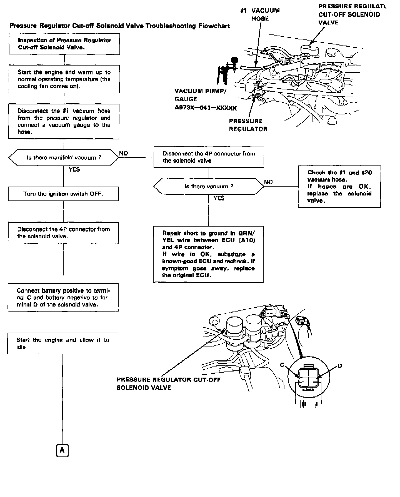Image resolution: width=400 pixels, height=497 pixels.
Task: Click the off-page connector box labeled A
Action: [62, 451]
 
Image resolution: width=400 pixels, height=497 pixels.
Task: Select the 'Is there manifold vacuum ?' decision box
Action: [64, 158]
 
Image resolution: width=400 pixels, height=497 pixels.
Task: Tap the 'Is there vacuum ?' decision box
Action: [209, 186]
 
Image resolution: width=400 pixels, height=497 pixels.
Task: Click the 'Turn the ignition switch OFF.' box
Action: [63, 194]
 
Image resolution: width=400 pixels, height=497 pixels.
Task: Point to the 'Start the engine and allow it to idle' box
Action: [63, 343]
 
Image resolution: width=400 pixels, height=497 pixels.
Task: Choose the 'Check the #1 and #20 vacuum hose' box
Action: [339, 187]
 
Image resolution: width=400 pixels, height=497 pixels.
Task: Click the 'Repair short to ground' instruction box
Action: [208, 254]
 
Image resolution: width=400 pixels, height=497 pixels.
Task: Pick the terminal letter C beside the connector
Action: [282, 365]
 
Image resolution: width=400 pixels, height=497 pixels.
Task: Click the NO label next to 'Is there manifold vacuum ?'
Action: [123, 154]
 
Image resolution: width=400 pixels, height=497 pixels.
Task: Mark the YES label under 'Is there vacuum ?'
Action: [219, 198]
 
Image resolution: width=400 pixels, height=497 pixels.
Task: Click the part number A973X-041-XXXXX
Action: [206, 108]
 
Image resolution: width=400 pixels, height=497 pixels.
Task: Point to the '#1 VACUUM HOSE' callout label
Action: [260, 15]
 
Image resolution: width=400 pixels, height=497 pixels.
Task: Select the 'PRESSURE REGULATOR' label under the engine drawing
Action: [248, 125]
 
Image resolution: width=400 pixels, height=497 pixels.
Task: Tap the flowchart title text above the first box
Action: [119, 26]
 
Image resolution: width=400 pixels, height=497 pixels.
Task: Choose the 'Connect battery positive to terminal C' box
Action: [63, 298]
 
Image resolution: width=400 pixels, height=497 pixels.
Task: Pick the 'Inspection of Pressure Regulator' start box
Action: [64, 44]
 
